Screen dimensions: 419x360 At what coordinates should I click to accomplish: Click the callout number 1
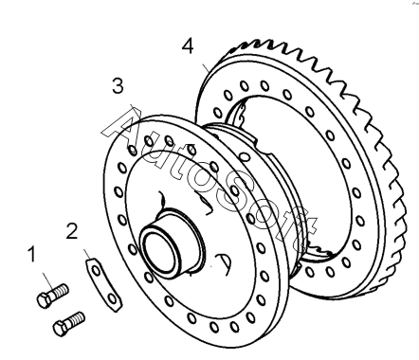point(31,254)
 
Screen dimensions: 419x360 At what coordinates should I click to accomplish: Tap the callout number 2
point(72,231)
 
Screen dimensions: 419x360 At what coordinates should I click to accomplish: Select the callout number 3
point(118,85)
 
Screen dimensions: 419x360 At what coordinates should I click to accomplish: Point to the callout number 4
point(188,45)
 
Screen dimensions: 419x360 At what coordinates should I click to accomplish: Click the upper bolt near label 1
point(52,295)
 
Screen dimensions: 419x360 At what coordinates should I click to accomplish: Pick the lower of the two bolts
point(68,323)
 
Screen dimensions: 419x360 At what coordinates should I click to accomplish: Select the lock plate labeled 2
point(102,285)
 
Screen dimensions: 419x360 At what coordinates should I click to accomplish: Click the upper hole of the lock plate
point(96,271)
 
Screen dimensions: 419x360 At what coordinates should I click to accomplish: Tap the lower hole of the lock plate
point(112,298)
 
